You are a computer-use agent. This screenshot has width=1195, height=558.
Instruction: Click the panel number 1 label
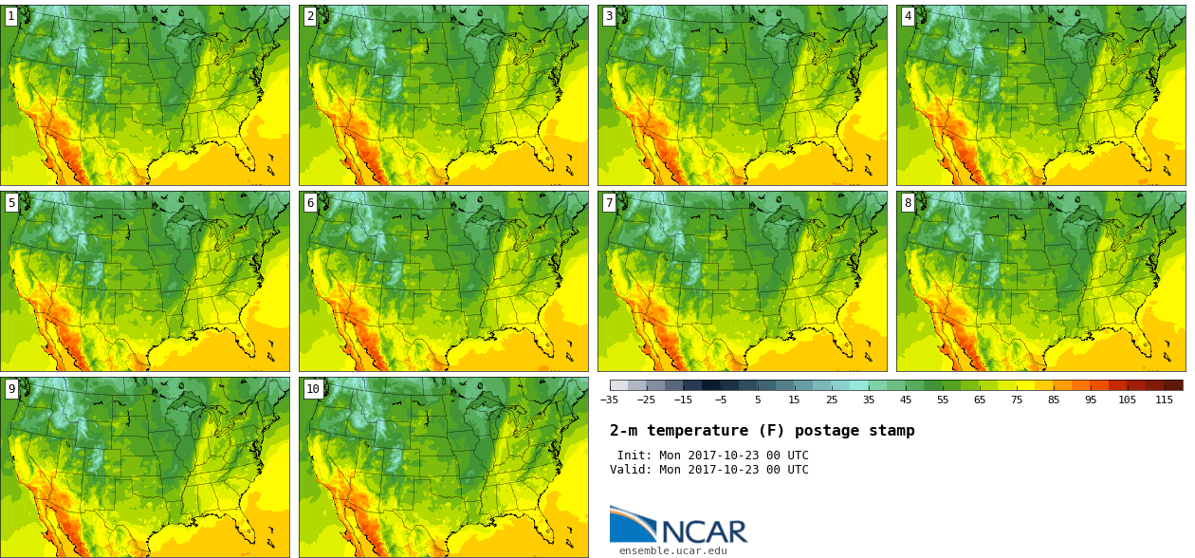click(11, 17)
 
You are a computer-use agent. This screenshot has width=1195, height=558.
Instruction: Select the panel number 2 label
click(310, 17)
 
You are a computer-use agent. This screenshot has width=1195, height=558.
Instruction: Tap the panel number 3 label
click(609, 17)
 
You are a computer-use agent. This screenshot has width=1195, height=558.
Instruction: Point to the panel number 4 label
click(908, 17)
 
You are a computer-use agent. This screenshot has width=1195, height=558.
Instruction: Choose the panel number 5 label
click(11, 203)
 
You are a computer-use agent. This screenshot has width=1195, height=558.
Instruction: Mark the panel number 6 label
click(310, 203)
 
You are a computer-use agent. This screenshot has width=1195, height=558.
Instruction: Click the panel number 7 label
click(609, 203)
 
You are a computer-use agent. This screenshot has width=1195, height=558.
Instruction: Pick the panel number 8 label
click(908, 203)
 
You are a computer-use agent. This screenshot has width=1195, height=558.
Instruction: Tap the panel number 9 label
click(11, 389)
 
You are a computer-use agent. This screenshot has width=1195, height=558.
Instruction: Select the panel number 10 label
click(313, 389)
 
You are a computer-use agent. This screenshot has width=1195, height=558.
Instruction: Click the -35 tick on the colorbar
click(609, 400)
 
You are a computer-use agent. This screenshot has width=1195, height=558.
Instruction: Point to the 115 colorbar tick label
click(1165, 400)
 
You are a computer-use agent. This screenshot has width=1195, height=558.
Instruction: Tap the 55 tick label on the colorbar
click(943, 400)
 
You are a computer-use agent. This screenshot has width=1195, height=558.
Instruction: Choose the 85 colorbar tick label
click(1054, 400)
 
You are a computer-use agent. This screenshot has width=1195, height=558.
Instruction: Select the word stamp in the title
click(892, 431)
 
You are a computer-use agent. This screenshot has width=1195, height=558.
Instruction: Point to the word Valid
click(631, 470)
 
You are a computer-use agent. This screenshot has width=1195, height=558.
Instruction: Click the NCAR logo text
click(705, 531)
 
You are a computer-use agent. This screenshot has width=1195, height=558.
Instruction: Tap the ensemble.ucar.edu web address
click(673, 550)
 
